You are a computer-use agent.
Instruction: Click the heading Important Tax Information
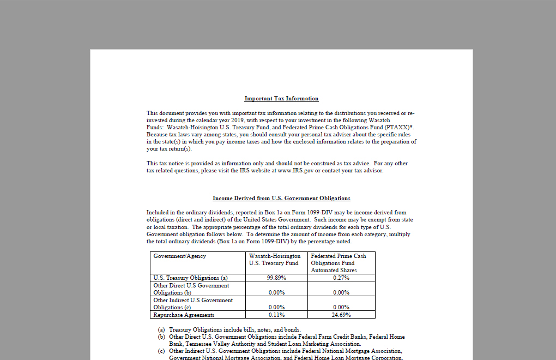(x=281, y=99)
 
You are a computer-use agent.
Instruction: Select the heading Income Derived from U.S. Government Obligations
(x=281, y=199)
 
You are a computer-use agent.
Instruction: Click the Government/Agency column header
(x=180, y=256)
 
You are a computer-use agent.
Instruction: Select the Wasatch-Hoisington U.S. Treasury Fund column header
(x=275, y=260)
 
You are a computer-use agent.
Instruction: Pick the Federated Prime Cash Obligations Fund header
(x=339, y=263)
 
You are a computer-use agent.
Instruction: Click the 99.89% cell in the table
(x=277, y=278)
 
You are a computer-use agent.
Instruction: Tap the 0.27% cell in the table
(x=341, y=278)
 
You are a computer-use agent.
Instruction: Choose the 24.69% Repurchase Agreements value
(x=341, y=315)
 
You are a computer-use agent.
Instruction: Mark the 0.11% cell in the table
(x=277, y=315)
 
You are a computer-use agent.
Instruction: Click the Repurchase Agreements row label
(x=184, y=315)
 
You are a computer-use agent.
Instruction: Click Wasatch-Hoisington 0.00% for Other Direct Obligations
(x=277, y=292)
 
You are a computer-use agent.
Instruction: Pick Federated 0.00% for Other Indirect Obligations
(x=341, y=307)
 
